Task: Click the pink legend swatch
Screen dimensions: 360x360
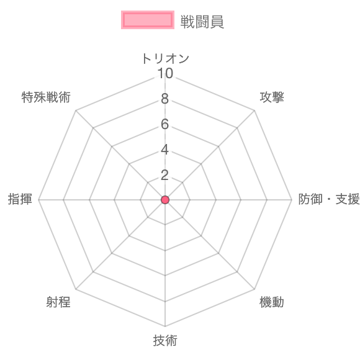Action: pyautogui.click(x=148, y=20)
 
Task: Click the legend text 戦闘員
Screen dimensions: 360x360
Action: pyautogui.click(x=202, y=22)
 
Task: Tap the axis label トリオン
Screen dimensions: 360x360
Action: pyautogui.click(x=165, y=58)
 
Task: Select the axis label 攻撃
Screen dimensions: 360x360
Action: pyautogui.click(x=272, y=97)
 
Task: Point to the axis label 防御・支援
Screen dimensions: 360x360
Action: pyautogui.click(x=329, y=199)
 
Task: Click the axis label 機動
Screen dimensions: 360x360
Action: pyautogui.click(x=272, y=302)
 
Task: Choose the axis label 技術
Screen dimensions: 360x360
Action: pyautogui.click(x=165, y=340)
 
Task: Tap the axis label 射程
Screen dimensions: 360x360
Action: pyautogui.click(x=58, y=302)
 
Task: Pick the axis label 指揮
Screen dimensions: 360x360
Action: pyautogui.click(x=20, y=199)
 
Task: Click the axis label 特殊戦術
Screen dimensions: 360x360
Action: pyautogui.click(x=46, y=97)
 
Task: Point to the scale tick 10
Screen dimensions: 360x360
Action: pyautogui.click(x=165, y=73)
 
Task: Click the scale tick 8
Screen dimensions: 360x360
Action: pyautogui.click(x=165, y=99)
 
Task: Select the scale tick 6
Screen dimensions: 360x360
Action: pyautogui.click(x=165, y=124)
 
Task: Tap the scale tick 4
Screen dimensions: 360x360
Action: pyautogui.click(x=165, y=150)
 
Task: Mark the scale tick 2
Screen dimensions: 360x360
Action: pyautogui.click(x=165, y=175)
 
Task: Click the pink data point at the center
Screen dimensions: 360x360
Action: pyautogui.click(x=165, y=200)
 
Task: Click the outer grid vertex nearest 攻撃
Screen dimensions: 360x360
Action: pyautogui.click(x=254, y=110)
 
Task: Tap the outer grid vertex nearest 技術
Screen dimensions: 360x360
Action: pyautogui.click(x=165, y=326)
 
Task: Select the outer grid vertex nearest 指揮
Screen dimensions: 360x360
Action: pyautogui.click(x=38, y=200)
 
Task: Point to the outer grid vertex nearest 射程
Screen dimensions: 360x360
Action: pyautogui.click(x=76, y=289)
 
